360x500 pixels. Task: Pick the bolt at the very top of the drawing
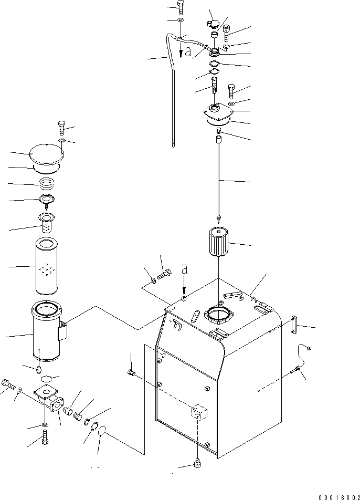click(x=181, y=7)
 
